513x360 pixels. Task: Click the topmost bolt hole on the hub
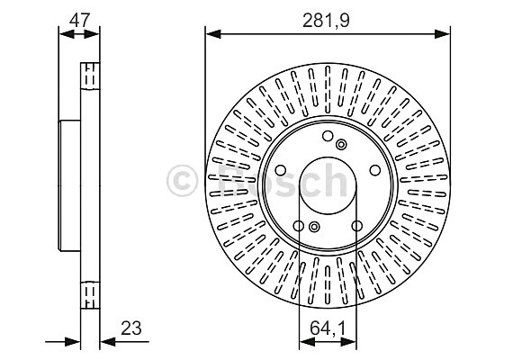point(328,136)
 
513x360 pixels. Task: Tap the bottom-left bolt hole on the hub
point(298,226)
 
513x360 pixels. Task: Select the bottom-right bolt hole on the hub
point(357,226)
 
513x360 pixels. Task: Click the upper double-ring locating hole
point(340,144)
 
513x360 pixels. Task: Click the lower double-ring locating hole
point(314,229)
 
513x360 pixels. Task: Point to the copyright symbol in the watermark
point(185,183)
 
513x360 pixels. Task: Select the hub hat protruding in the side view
point(69,185)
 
